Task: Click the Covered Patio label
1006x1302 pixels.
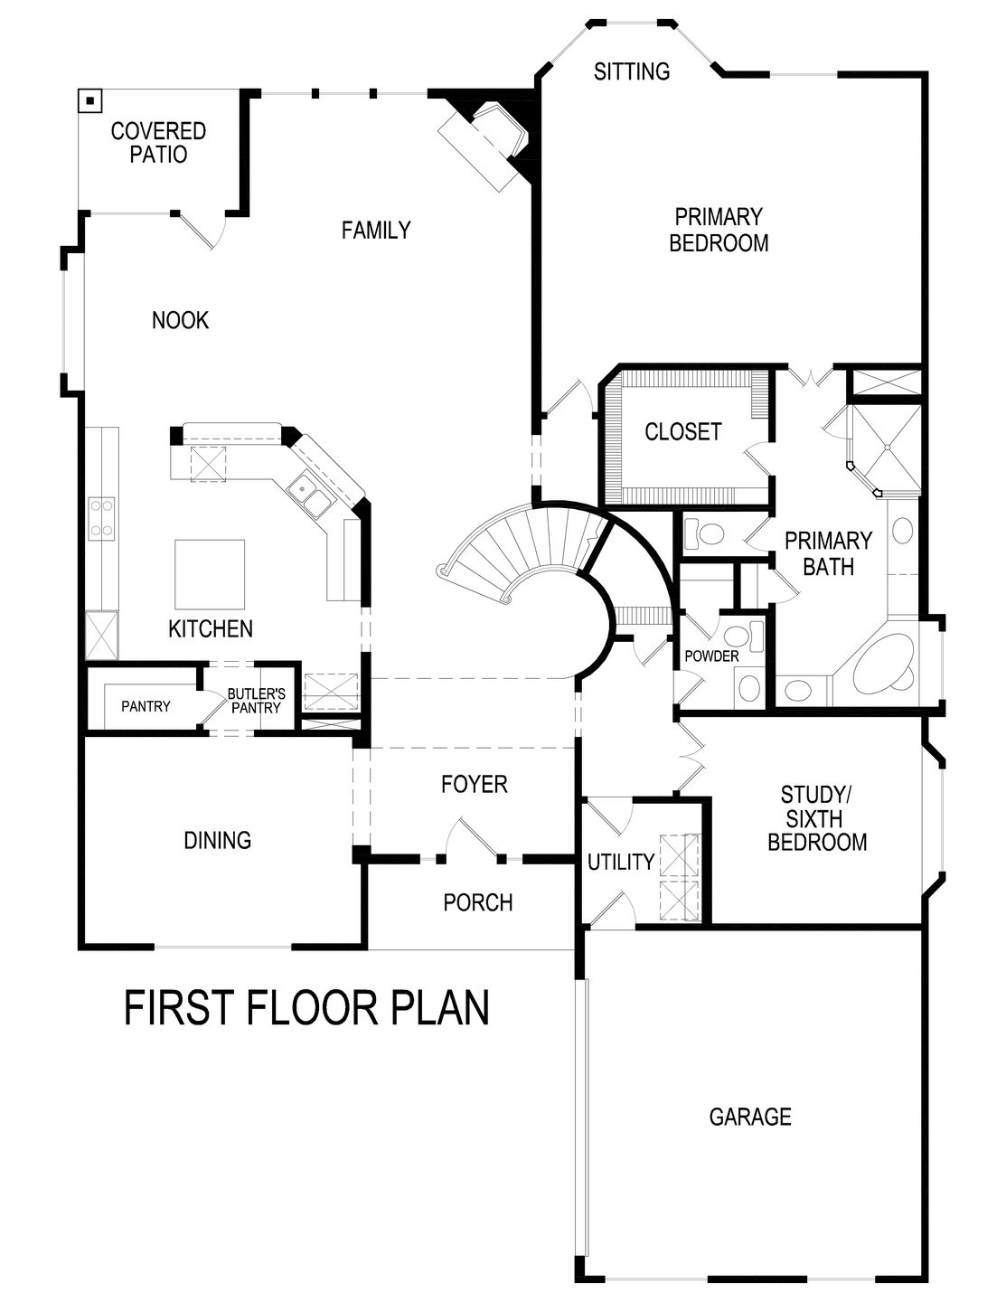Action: (x=158, y=143)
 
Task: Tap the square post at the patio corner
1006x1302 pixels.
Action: (x=89, y=100)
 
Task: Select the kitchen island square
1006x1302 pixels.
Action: (x=210, y=574)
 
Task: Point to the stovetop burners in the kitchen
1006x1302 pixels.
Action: (x=100, y=518)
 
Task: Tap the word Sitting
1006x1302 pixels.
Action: (x=632, y=71)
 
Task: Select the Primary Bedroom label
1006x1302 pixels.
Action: (x=719, y=230)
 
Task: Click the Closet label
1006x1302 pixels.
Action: (x=682, y=432)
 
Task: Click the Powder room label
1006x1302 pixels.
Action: (x=711, y=656)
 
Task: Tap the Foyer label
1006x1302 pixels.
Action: (x=474, y=784)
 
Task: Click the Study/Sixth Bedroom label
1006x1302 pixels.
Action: (x=816, y=818)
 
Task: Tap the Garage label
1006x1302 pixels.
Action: (x=749, y=1117)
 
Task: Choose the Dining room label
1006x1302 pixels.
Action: (x=217, y=840)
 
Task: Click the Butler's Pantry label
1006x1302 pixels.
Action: (x=256, y=701)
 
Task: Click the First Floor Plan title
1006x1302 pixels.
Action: (x=306, y=1008)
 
